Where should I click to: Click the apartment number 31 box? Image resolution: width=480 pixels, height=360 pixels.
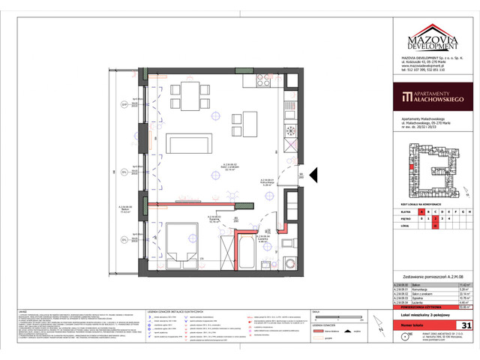(x=466, y=325)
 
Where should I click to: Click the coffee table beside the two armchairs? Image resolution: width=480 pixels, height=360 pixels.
(x=245, y=120)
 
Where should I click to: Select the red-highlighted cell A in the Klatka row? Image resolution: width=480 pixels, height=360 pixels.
(x=422, y=211)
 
